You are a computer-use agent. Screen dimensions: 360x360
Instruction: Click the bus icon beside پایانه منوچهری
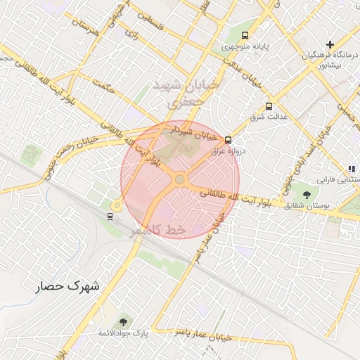(245, 35)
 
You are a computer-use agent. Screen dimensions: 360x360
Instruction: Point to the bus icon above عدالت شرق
(269, 106)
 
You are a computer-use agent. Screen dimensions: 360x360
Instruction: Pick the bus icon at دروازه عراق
(228, 140)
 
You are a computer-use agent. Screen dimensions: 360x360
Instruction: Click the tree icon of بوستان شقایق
(306, 194)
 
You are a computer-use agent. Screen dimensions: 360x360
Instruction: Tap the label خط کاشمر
(157, 230)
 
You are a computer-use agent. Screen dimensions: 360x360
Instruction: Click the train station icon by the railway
(110, 216)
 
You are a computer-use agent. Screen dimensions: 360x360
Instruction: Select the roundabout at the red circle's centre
(180, 180)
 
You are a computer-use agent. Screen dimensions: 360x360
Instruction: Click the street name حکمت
(107, 89)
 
